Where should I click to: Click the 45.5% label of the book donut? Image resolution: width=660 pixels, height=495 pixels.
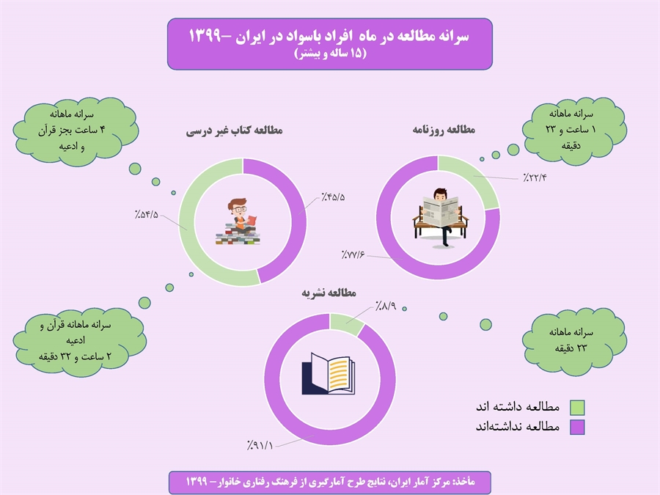click(334, 197)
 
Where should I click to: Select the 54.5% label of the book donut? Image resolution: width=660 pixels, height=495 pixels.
click(147, 214)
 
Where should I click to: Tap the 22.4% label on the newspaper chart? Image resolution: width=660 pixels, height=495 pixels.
click(535, 177)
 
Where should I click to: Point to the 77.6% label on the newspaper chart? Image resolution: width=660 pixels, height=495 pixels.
click(353, 254)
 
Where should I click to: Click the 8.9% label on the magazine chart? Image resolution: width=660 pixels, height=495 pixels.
click(386, 306)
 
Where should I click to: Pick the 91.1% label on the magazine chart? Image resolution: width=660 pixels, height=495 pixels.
click(260, 445)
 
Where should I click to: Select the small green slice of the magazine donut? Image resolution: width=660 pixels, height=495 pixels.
click(346, 323)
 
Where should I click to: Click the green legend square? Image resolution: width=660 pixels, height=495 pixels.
click(577, 408)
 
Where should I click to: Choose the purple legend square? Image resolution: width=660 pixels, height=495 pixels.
click(577, 428)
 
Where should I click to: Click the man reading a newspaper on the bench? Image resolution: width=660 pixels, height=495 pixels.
click(441, 217)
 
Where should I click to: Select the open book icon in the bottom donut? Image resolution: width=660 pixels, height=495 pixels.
click(329, 374)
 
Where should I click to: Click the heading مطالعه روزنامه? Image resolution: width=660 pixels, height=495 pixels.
click(444, 130)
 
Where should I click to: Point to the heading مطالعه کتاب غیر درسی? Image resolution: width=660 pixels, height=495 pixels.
click(235, 131)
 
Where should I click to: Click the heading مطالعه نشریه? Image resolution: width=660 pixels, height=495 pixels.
click(329, 293)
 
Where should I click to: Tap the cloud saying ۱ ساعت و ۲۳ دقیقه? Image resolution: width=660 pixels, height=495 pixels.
click(573, 131)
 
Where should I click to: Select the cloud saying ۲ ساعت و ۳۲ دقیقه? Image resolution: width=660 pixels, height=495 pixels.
click(78, 341)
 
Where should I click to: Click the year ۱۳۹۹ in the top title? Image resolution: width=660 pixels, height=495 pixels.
click(205, 36)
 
